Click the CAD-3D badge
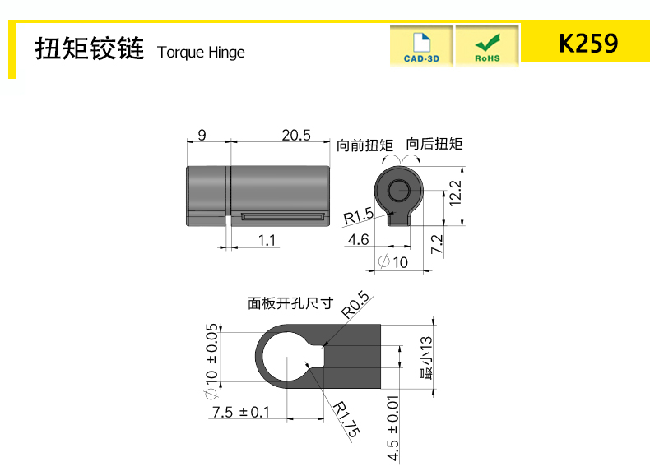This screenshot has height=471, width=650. (x=421, y=45)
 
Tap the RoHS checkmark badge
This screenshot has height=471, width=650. (x=487, y=45)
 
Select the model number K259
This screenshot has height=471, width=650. (x=588, y=43)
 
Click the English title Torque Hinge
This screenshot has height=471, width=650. (x=201, y=53)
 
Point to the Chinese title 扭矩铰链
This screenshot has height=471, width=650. (x=90, y=48)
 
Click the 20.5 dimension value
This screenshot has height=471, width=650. (x=296, y=135)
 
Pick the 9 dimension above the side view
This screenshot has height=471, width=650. (x=202, y=135)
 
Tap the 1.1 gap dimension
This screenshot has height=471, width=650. (x=267, y=240)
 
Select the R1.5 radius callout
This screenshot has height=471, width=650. (x=359, y=216)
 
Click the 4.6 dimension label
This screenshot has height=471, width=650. (x=358, y=239)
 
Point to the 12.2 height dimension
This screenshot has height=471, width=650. (x=455, y=193)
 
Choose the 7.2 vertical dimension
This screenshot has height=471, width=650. (x=437, y=244)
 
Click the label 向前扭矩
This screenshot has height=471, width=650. (x=364, y=145)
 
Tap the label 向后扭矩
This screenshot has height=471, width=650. (x=434, y=144)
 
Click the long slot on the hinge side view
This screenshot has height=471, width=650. (x=283, y=216)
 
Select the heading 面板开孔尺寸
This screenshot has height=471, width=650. (x=290, y=303)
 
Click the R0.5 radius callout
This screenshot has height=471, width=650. (x=355, y=305)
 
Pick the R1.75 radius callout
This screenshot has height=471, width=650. (x=347, y=419)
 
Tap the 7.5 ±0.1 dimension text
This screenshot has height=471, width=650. (x=241, y=412)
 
